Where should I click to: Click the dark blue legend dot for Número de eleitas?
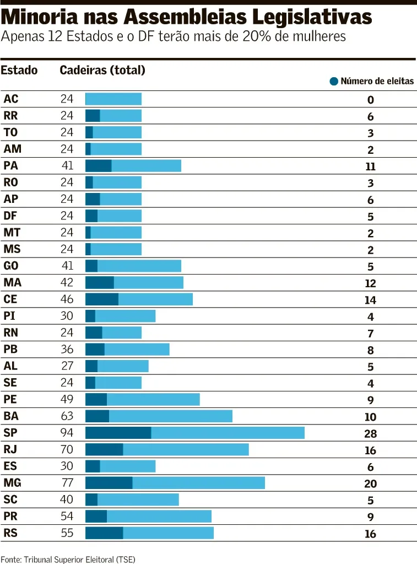(x=334, y=81)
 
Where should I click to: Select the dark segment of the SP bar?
(x=118, y=433)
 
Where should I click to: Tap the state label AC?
(x=11, y=99)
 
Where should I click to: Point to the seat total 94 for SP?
(x=67, y=432)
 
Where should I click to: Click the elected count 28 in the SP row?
(x=371, y=434)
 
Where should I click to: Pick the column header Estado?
(x=19, y=70)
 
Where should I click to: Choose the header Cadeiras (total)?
(x=102, y=70)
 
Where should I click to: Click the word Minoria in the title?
(x=40, y=17)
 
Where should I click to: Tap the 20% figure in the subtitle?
(x=257, y=36)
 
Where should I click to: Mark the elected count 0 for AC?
(x=371, y=100)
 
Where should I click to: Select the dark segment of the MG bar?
(x=109, y=483)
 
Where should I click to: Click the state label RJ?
(x=10, y=450)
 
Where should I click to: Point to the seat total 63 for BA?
(x=67, y=416)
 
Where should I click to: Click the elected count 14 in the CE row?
(x=371, y=300)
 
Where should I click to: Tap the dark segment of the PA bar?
(x=99, y=166)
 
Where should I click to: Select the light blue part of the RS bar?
(x=169, y=533)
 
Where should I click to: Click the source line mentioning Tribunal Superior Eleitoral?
(x=68, y=560)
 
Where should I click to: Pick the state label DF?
(x=10, y=216)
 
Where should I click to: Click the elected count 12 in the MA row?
(x=371, y=283)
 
